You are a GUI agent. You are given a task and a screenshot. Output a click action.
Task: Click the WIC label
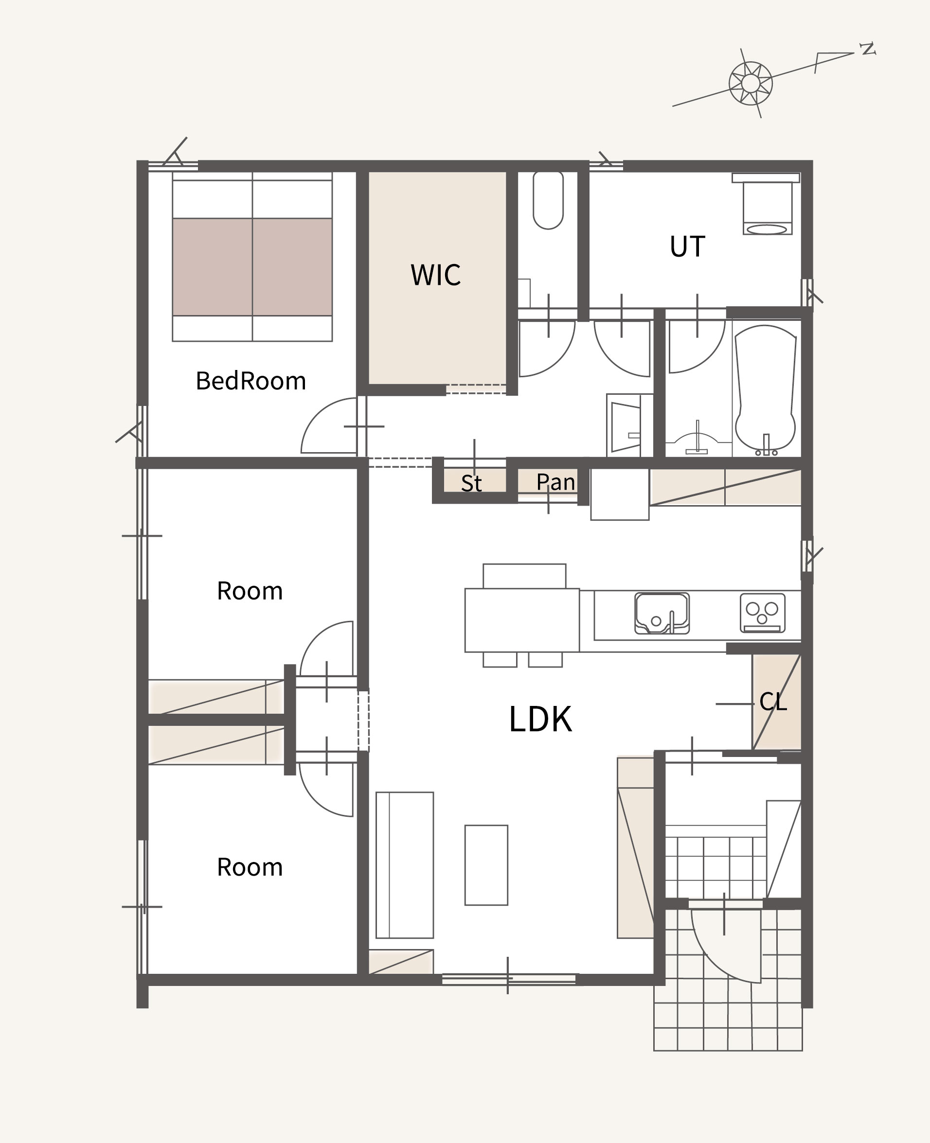(x=435, y=275)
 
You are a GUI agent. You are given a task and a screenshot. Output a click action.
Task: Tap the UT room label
(x=687, y=246)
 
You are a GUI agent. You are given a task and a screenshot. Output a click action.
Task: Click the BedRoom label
(x=250, y=381)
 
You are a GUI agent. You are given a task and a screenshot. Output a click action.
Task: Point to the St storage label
(x=471, y=483)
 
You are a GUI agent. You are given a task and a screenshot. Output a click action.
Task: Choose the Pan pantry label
(x=555, y=482)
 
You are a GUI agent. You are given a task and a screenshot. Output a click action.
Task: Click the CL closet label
(x=773, y=702)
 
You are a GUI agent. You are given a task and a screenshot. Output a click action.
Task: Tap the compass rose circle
(x=751, y=83)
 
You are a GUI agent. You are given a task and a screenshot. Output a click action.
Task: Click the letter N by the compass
(x=867, y=49)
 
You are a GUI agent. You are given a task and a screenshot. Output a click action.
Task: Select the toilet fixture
(x=548, y=200)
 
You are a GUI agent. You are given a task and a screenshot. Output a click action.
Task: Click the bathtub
(x=766, y=388)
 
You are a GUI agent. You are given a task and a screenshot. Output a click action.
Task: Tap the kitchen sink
(x=662, y=613)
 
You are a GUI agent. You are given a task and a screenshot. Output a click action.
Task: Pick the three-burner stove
(x=763, y=613)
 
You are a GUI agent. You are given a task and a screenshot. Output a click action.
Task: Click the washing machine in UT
(x=767, y=204)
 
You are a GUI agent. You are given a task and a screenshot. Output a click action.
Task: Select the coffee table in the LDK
(x=486, y=865)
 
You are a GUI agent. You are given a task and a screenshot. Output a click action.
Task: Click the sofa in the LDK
(x=405, y=865)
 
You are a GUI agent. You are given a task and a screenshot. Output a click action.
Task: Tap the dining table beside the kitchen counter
(x=522, y=620)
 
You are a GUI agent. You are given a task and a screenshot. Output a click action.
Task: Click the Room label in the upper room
(x=250, y=591)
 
